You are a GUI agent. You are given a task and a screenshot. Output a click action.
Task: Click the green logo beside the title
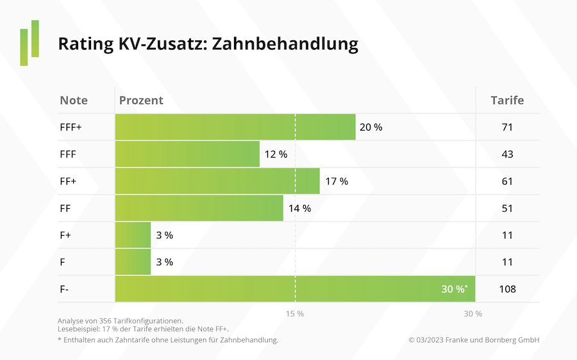(29, 43)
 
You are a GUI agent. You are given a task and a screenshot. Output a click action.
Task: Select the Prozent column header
(140, 101)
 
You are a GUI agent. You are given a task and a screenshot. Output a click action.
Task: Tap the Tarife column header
(507, 101)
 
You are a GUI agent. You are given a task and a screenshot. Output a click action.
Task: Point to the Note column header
(74, 101)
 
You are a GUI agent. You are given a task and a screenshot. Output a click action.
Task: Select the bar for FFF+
(235, 127)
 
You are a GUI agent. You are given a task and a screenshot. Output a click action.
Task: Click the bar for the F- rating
(295, 289)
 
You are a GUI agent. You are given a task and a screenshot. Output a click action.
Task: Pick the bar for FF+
(217, 181)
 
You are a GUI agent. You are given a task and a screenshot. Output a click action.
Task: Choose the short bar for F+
(133, 235)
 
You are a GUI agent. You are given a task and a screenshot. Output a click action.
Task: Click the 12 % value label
(276, 154)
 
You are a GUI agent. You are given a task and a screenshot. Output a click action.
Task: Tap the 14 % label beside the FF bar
(299, 208)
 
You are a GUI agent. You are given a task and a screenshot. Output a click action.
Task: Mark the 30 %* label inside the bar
(455, 289)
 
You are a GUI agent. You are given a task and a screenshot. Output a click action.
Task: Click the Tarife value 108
(507, 289)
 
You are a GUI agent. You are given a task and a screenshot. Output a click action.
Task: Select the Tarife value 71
(507, 127)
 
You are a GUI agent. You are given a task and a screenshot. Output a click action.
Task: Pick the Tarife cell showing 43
(507, 154)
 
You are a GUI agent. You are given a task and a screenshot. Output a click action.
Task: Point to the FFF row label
(68, 154)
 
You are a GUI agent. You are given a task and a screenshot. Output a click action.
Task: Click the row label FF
(65, 208)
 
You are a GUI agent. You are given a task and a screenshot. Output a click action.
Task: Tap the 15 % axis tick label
(295, 314)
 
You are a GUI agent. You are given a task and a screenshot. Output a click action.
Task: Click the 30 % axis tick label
(473, 314)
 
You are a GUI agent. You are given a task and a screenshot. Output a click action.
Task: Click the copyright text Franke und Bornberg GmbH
(474, 340)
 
